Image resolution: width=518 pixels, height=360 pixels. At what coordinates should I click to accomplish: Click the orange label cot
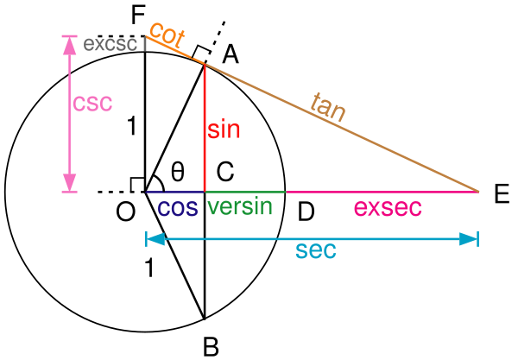[x=167, y=35]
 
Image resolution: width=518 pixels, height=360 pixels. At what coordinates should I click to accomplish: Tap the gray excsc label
[x=110, y=44]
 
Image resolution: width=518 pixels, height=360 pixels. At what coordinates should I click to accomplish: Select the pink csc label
[x=92, y=103]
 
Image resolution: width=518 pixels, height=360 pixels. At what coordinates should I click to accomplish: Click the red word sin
[x=224, y=130]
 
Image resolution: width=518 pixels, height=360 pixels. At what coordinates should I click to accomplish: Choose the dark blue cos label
[x=177, y=208]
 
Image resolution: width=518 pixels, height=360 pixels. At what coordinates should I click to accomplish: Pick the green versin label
[x=240, y=207]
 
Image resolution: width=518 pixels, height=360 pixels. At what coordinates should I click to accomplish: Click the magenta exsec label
[x=388, y=208]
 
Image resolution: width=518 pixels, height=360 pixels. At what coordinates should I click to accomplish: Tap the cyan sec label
[x=315, y=251]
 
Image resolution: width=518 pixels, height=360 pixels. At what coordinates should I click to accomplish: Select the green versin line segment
[x=245, y=191]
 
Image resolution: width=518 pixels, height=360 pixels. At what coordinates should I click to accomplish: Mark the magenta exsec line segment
[x=380, y=191]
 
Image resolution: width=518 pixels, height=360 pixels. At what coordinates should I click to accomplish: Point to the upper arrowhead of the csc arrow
[x=69, y=42]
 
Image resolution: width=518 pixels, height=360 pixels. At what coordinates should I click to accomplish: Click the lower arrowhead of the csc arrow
[x=69, y=183]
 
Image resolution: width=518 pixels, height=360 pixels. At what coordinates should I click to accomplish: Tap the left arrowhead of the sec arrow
[x=154, y=238]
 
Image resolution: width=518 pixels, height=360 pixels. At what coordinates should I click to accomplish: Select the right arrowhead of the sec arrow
[x=469, y=238]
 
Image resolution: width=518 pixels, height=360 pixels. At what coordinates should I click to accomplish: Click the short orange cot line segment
[x=177, y=50]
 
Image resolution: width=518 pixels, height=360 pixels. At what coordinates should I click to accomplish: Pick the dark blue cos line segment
[x=175, y=191]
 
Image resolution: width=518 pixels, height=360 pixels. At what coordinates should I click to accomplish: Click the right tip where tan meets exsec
[x=478, y=191]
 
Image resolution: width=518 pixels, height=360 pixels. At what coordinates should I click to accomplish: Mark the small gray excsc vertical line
[x=145, y=43]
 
